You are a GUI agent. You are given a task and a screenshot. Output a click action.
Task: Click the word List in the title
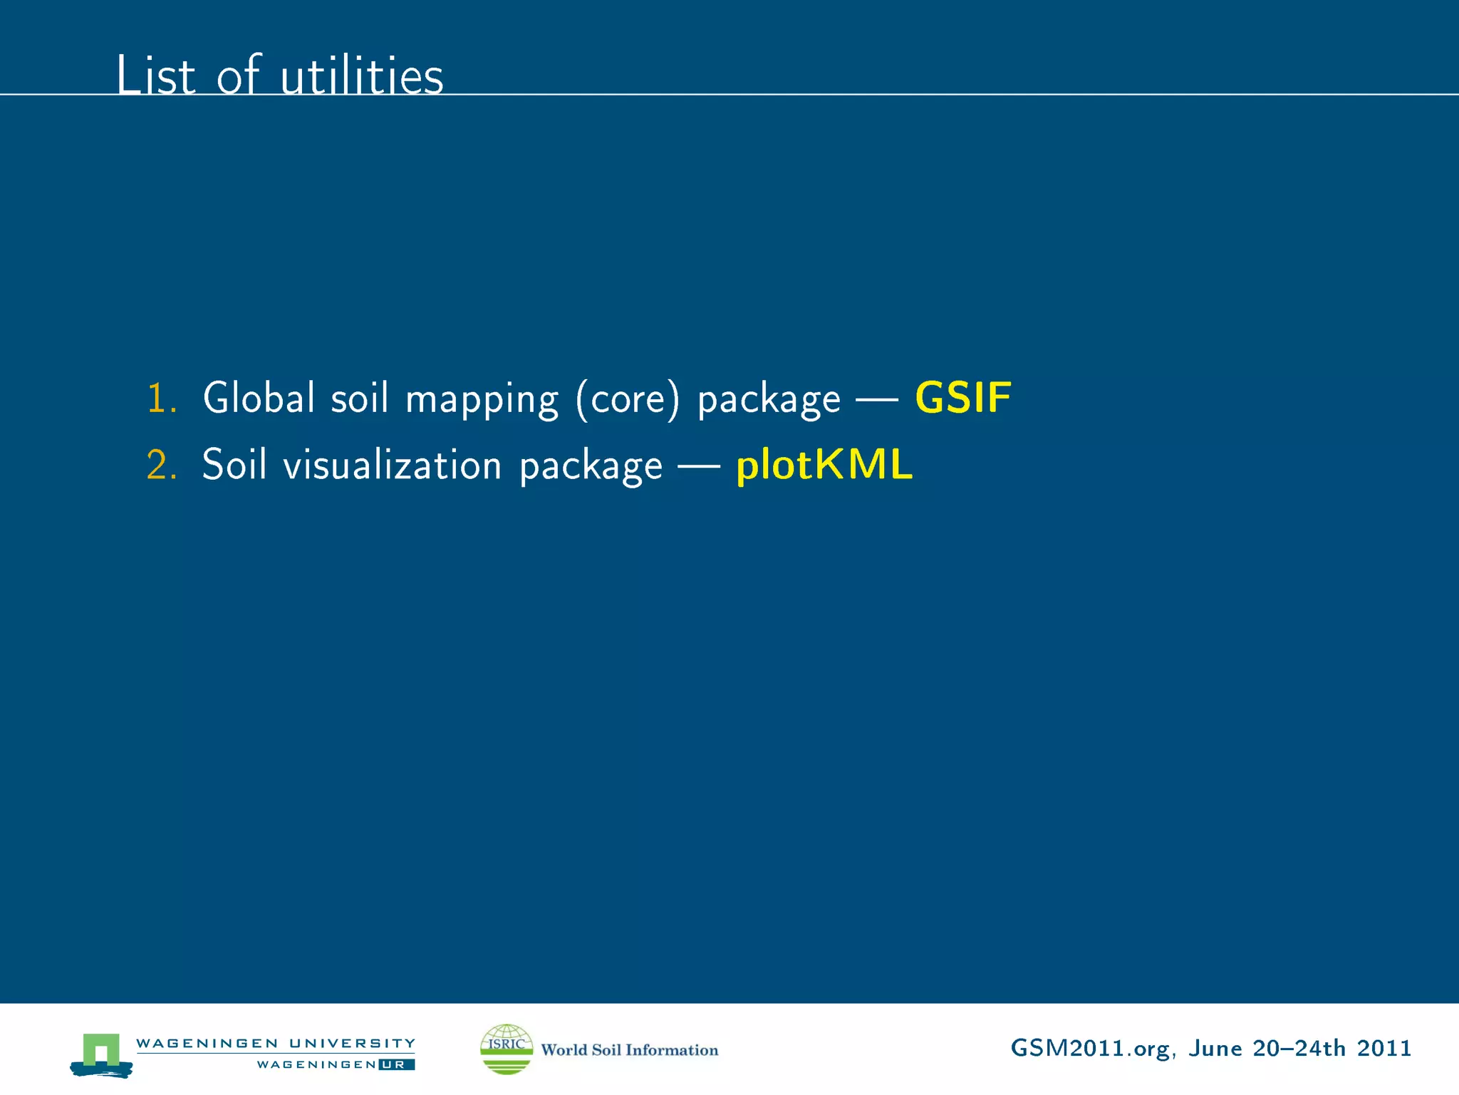point(155,75)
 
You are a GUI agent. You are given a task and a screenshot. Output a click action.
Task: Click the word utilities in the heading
point(362,75)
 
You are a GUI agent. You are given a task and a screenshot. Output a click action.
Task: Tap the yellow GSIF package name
point(962,398)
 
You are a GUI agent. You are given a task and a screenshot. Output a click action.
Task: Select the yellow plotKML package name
point(824,465)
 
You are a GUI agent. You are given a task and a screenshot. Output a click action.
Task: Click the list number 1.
point(161,398)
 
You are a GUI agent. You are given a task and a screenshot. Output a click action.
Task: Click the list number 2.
point(161,465)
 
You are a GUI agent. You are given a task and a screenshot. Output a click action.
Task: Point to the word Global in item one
point(259,398)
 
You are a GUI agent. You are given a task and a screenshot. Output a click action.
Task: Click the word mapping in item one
point(482,399)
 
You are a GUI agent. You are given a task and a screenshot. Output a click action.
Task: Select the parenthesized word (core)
point(628,399)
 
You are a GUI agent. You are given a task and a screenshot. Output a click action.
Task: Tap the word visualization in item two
point(393,465)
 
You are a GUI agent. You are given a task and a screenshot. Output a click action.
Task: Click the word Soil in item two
point(234,465)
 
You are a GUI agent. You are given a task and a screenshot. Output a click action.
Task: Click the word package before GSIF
point(769,399)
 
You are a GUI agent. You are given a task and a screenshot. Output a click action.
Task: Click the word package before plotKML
point(591,466)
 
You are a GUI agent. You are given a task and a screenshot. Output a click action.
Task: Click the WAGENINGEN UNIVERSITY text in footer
point(276,1043)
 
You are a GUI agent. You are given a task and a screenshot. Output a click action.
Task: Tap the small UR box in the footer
point(397,1064)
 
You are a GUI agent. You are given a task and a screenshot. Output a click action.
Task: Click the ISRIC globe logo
point(507,1049)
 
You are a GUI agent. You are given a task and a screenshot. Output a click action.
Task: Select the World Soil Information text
point(630,1049)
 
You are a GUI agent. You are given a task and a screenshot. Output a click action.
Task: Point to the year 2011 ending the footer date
point(1384,1048)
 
